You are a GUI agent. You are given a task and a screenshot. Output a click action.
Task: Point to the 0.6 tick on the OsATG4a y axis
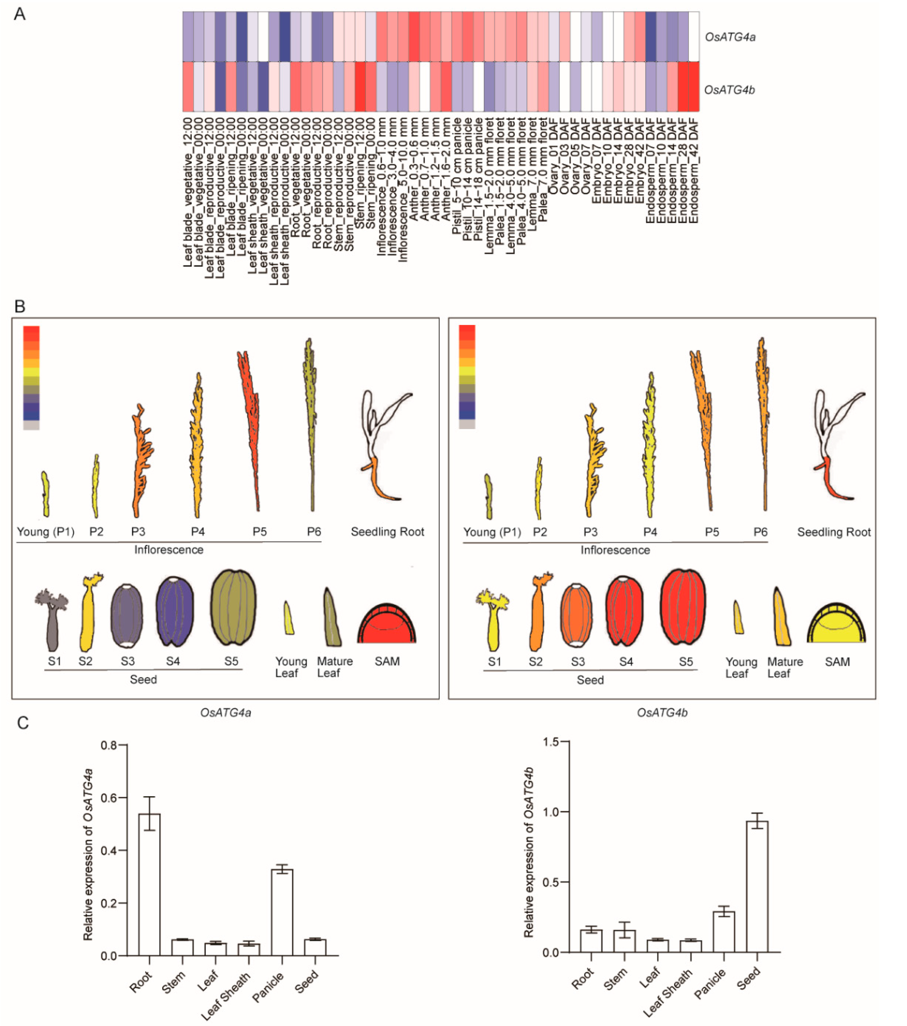coord(109,798)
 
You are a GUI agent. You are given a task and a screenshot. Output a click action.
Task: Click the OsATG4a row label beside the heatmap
coord(730,37)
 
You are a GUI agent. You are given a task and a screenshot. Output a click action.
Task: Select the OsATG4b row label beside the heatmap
coord(729,90)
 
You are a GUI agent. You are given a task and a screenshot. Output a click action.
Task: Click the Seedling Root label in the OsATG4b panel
coord(834,532)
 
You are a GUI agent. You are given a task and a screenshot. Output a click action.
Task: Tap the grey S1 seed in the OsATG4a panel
coord(52,622)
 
